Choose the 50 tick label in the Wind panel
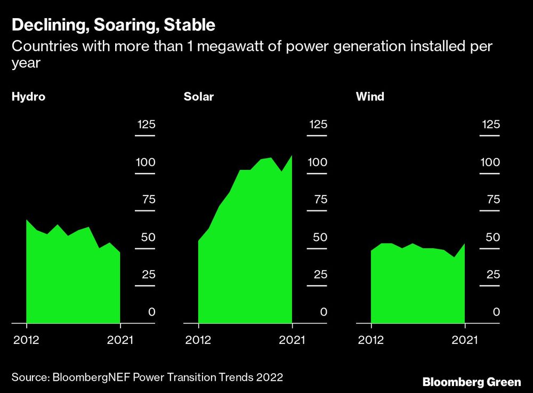pyautogui.click(x=491, y=237)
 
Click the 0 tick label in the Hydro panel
pyautogui.click(x=151, y=312)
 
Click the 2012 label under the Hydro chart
pyautogui.click(x=27, y=340)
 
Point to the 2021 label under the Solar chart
pyautogui.click(x=292, y=340)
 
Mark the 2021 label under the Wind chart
pyautogui.click(x=464, y=340)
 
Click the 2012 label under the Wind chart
pyautogui.click(x=370, y=340)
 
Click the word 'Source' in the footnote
pyautogui.click(x=29, y=377)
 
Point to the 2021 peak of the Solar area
pyautogui.click(x=292, y=156)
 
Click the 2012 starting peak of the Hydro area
pyautogui.click(x=27, y=220)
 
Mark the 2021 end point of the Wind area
pyautogui.click(x=464, y=244)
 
